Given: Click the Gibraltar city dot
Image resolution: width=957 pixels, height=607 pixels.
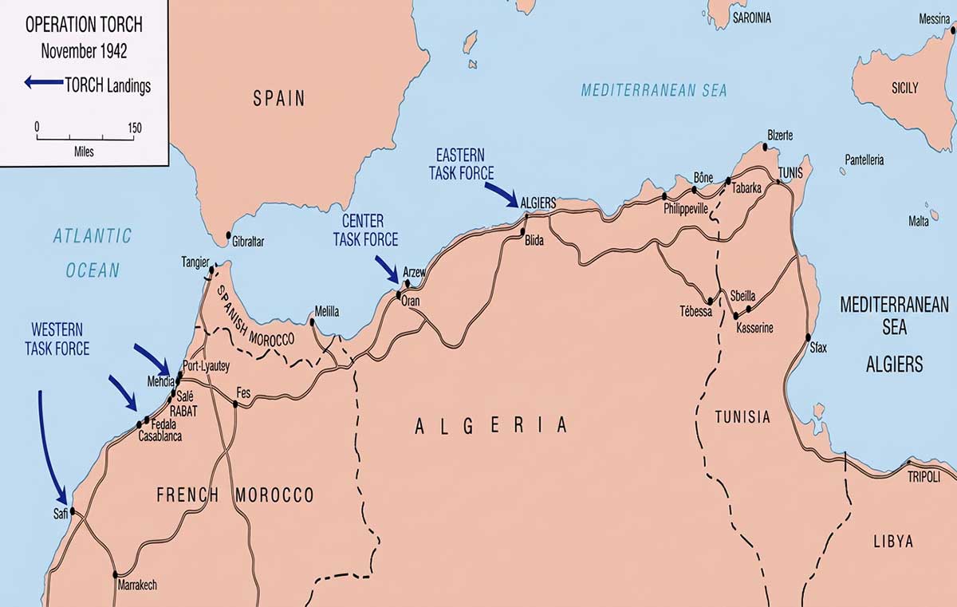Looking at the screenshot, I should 229,235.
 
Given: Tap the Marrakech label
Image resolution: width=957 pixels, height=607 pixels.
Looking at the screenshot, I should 137,585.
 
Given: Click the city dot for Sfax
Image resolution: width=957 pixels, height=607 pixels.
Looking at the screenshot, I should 808,337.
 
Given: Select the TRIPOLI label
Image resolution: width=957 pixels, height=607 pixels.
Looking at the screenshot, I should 924,476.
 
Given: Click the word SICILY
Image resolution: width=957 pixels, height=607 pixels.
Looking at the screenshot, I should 904,88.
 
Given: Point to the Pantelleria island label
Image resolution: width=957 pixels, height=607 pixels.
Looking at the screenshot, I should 864,160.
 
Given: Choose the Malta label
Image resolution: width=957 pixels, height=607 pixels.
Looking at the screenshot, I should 918,221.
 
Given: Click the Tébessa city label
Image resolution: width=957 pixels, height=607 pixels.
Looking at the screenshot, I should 695,312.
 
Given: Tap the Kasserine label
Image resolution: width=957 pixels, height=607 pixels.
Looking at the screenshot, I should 754,329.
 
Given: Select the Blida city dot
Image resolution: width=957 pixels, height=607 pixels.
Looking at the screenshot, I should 524,232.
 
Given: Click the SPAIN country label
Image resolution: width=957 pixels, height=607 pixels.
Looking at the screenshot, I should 279,99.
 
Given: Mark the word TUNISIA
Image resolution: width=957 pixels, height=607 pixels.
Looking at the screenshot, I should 742,417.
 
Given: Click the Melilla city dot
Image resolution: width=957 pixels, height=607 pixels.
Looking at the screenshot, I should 313,322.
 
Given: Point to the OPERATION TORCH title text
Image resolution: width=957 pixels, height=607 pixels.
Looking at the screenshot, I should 84,25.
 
